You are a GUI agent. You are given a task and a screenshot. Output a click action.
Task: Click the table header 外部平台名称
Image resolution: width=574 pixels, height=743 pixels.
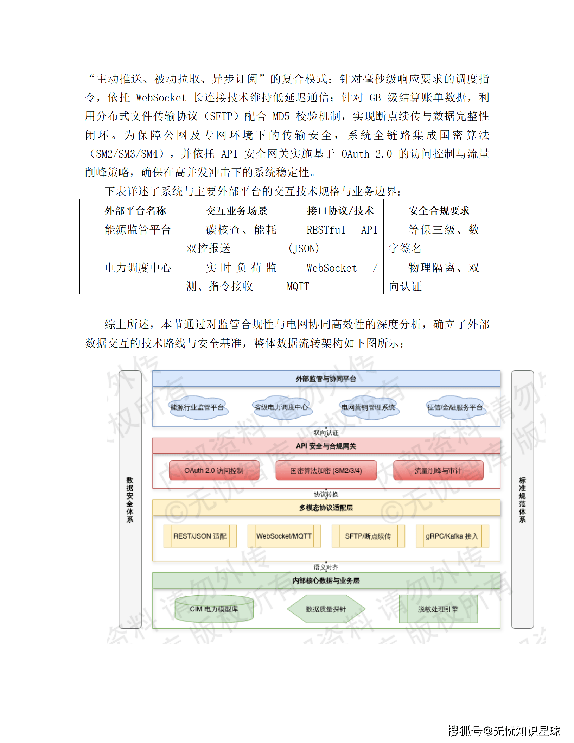(x=135, y=210)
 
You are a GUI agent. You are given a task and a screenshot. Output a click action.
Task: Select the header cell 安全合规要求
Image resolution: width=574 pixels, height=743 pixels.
(x=439, y=210)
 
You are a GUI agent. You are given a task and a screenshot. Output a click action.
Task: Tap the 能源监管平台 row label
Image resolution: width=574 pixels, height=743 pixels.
(x=138, y=230)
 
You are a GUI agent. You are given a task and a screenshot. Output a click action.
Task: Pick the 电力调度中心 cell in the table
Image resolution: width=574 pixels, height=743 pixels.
(x=138, y=268)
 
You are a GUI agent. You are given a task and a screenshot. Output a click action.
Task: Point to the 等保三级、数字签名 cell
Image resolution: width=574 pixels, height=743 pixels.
(x=434, y=239)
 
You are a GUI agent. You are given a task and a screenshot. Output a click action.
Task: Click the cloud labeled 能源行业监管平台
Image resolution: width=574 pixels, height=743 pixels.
(x=197, y=407)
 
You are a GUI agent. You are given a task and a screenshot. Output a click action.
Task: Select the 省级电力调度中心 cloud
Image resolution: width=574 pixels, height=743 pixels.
(x=281, y=407)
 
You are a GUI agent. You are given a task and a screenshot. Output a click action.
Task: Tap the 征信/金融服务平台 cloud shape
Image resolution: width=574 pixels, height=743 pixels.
(x=455, y=407)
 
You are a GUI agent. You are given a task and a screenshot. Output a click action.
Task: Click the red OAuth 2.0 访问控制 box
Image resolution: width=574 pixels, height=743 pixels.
(x=214, y=470)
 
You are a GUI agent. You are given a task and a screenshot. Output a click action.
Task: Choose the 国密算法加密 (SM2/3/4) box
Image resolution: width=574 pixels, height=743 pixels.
(x=326, y=470)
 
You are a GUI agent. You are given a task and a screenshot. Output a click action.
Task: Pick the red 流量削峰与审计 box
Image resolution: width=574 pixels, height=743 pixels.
(x=438, y=470)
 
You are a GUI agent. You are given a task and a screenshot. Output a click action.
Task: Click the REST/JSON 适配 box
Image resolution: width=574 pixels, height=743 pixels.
(x=200, y=536)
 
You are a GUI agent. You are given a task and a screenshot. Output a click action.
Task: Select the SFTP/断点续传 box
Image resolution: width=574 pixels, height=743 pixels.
(x=368, y=536)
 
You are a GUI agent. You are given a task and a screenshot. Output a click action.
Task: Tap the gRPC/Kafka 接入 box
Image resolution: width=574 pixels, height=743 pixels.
(x=452, y=536)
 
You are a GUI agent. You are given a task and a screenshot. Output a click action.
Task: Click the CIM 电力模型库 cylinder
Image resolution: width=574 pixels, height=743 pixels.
(x=214, y=609)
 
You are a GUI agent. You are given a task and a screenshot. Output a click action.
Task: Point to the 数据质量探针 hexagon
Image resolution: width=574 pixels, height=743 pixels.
(x=326, y=609)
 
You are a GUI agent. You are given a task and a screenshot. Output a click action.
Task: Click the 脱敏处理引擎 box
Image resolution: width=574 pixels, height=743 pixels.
(x=438, y=609)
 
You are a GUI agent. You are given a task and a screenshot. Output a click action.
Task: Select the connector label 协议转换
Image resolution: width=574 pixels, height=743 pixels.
(x=326, y=494)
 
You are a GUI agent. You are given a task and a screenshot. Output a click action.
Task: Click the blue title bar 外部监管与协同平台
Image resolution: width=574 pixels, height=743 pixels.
(x=326, y=379)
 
